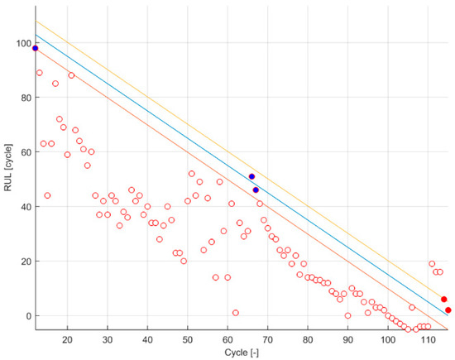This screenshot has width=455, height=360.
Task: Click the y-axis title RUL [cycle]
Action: tap(8, 177)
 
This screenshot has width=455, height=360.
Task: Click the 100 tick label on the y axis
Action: tap(19, 43)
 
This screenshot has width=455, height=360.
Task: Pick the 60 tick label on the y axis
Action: tap(22, 152)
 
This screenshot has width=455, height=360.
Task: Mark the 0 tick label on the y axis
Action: tap(25, 316)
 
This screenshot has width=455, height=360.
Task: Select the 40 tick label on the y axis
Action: tap(22, 207)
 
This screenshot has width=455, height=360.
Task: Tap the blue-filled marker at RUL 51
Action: tap(251, 176)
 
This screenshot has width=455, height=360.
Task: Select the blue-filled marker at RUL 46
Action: tap(256, 190)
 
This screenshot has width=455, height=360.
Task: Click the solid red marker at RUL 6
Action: tap(444, 300)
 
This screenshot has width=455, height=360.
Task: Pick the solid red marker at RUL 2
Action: tap(448, 310)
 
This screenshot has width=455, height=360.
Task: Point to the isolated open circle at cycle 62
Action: tap(236, 313)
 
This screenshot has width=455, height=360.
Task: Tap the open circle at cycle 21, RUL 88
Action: tap(71, 75)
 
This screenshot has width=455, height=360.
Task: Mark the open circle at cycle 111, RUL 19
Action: tap(432, 264)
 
